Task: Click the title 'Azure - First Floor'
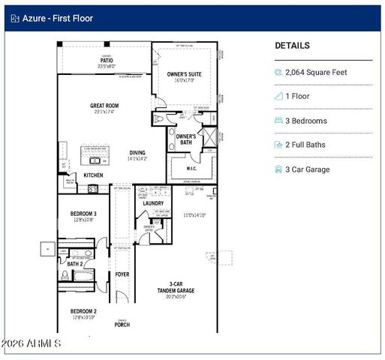click(53, 18)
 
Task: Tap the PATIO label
click(107, 61)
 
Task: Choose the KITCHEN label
click(93, 175)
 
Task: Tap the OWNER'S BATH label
click(186, 139)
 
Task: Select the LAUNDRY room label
click(153, 203)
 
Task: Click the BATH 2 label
click(74, 264)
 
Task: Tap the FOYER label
click(122, 274)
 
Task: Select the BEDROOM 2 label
click(83, 311)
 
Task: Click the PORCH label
click(122, 325)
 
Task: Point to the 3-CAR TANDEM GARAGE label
click(176, 287)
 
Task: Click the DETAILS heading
click(292, 46)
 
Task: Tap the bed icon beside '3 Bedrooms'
click(280, 121)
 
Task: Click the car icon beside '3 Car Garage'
click(280, 169)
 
